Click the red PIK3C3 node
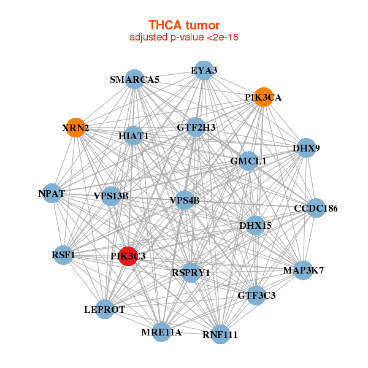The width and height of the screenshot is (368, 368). coord(128,256)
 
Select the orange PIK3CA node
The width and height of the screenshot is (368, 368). coord(263,97)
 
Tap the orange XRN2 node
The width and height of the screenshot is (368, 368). coord(75,128)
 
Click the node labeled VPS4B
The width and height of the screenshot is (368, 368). coord(185,200)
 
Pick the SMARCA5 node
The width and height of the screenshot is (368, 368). coord(134,79)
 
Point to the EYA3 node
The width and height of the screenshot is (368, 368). coord(204,71)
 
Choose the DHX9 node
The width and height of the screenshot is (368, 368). coord(305,148)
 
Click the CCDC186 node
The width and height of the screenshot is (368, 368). coord(316,209)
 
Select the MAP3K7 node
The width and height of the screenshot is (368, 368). coord(303,270)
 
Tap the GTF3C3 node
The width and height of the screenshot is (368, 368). coord(256,296)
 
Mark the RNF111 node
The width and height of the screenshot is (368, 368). coord(220,334)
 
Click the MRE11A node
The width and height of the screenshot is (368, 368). coord(161,332)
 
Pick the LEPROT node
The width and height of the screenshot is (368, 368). coord(105,310)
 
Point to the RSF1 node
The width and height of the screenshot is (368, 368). coord(63,255)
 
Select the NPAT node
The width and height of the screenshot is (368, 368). coord(52,194)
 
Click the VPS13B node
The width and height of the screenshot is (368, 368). coord(112,196)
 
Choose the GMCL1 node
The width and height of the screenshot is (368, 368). coord(248,161)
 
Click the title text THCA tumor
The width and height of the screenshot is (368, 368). coord(184,25)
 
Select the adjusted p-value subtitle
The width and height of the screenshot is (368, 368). coord(184,37)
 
